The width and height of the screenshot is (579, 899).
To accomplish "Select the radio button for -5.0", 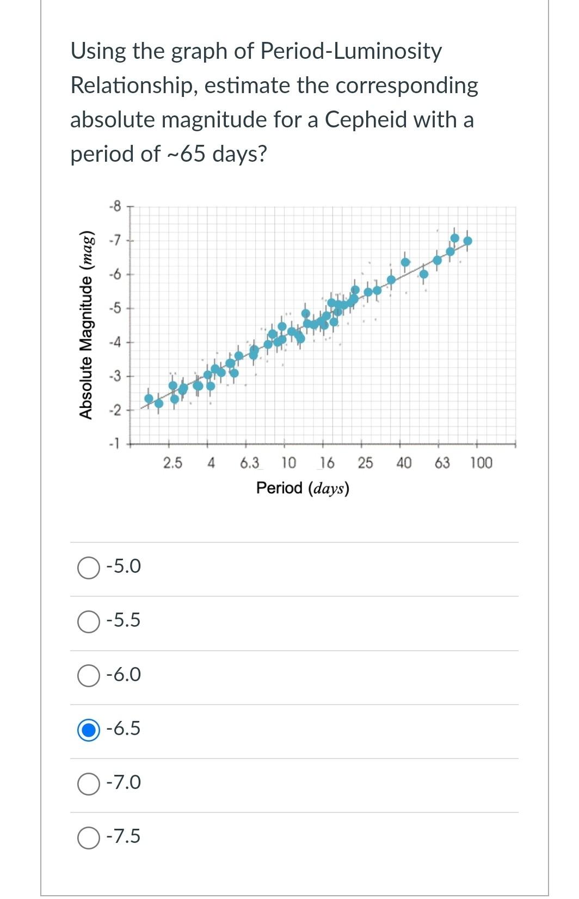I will pyautogui.click(x=88, y=567).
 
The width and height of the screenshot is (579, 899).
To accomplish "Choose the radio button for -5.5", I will pyautogui.click(x=88, y=621).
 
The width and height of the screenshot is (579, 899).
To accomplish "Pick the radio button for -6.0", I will pyautogui.click(x=88, y=675).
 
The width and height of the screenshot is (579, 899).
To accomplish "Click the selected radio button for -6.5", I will pyautogui.click(x=88, y=729).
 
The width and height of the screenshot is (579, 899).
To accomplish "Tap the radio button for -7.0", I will pyautogui.click(x=88, y=783).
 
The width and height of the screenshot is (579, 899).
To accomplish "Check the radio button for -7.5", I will pyautogui.click(x=88, y=837).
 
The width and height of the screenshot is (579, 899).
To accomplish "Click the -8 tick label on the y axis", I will pyautogui.click(x=115, y=206).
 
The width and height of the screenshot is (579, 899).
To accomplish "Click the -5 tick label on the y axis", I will pyautogui.click(x=115, y=308).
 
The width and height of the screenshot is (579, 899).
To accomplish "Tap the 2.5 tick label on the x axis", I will pyautogui.click(x=173, y=463).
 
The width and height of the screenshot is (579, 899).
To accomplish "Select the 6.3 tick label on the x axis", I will pyautogui.click(x=250, y=463).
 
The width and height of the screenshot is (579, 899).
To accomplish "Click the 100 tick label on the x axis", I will pyautogui.click(x=481, y=463).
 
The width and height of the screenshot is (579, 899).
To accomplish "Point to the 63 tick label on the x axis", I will pyautogui.click(x=442, y=463).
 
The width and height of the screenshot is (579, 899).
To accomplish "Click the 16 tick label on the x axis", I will pyautogui.click(x=327, y=463).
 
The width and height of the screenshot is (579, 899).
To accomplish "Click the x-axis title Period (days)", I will pyautogui.click(x=303, y=488).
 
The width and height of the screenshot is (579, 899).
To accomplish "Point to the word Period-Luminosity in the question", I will pyautogui.click(x=351, y=51).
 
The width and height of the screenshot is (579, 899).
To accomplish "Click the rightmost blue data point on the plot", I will pyautogui.click(x=467, y=241).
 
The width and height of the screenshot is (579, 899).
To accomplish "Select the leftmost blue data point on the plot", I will pyautogui.click(x=149, y=399).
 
